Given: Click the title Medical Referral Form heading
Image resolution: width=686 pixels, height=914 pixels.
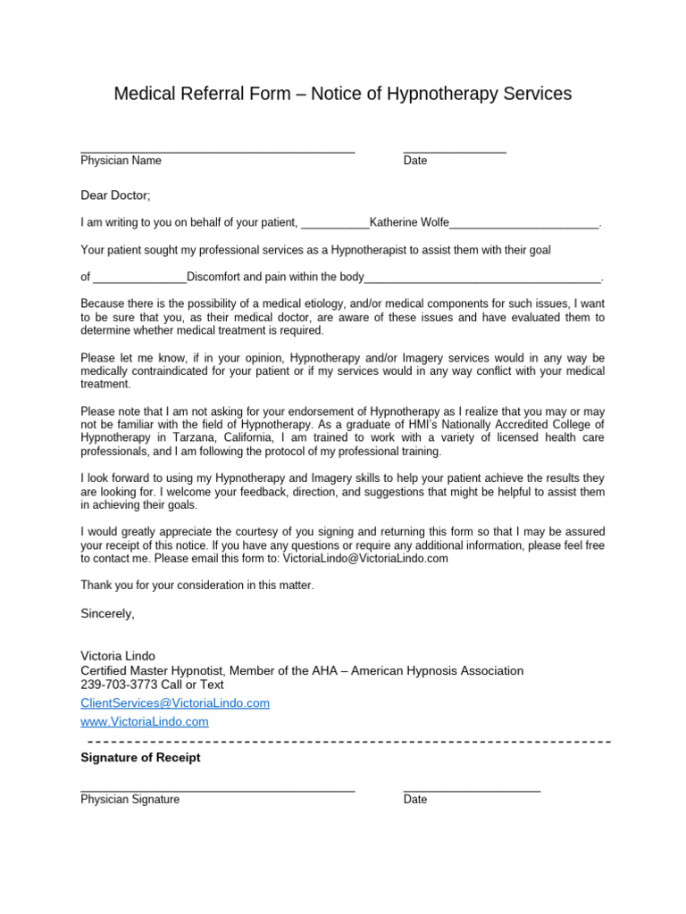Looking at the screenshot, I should tap(342, 94).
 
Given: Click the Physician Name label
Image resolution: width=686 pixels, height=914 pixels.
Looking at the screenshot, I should tap(121, 161).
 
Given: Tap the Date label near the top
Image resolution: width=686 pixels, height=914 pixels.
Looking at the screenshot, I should tap(415, 161).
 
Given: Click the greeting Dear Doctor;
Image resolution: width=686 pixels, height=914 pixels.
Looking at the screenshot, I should tap(116, 195).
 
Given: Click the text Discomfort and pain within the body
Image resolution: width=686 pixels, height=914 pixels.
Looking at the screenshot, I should tap(275, 277).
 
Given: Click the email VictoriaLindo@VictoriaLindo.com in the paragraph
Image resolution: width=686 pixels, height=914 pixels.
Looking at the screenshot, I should tap(365, 559).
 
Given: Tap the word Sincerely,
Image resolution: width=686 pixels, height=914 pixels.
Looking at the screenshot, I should tap(107, 613).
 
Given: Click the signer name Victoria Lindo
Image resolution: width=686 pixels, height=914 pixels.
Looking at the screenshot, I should tap(119, 656).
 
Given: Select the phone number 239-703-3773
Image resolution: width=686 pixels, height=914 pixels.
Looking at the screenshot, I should tap(119, 685).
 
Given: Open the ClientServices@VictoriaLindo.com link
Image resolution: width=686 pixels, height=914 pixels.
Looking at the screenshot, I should tap(175, 703).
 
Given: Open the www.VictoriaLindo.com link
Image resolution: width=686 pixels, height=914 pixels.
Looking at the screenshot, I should tap(145, 721).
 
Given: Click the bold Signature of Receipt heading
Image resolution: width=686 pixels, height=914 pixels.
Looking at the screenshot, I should tap(140, 758).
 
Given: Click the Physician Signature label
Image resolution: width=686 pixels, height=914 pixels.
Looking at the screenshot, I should tap(130, 800).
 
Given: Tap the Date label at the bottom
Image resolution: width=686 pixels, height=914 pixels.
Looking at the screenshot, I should tap(415, 800).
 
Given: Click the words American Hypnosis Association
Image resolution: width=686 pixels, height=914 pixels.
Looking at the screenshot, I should tap(437, 670).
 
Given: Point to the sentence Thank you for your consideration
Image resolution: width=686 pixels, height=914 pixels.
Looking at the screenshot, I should tap(197, 586).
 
